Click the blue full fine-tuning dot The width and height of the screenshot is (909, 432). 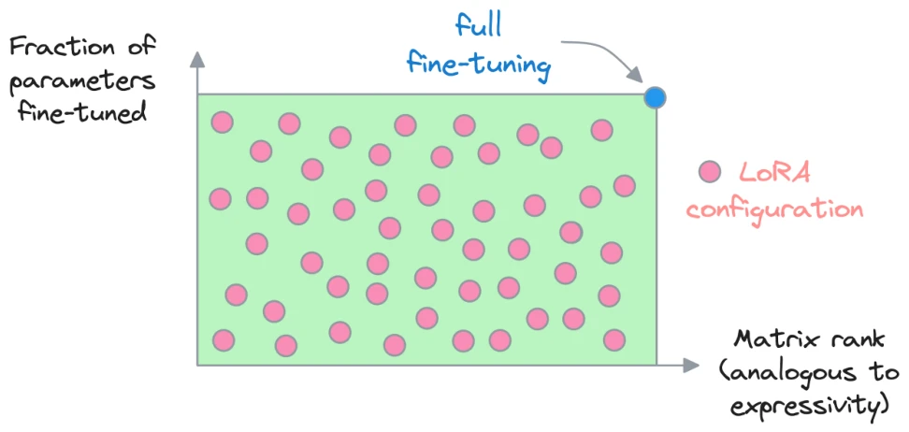[655, 97]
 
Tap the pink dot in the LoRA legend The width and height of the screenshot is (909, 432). [710, 172]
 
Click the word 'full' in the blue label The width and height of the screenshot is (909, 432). [478, 27]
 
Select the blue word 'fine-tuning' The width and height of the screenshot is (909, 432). [479, 64]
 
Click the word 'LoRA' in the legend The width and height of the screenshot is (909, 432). [774, 173]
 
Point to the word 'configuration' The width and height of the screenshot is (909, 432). [775, 209]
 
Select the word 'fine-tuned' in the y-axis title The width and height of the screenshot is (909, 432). [81, 110]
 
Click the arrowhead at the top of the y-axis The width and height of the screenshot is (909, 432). [197, 59]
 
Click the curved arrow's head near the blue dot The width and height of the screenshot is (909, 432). [636, 76]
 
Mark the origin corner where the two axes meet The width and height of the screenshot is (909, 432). [197, 366]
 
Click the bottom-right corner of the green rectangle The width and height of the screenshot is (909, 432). [656, 365]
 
